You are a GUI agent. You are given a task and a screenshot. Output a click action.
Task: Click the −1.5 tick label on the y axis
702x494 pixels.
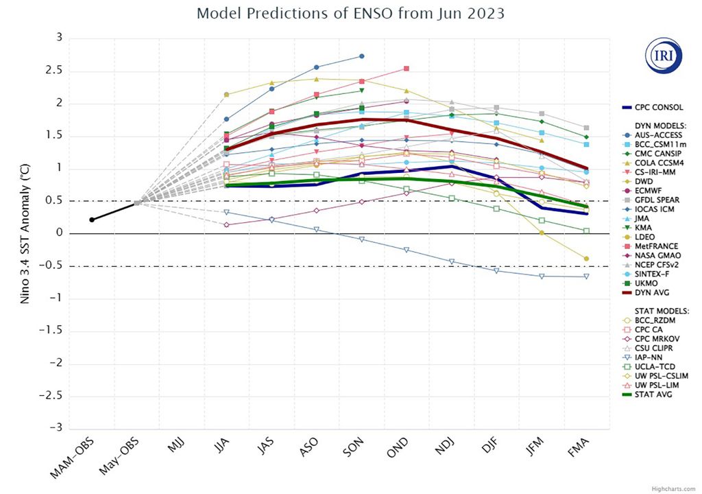tap(49, 330)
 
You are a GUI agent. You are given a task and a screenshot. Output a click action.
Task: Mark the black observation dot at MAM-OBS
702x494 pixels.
tap(92, 220)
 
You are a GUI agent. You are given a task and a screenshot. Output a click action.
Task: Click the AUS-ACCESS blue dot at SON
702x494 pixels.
tap(362, 56)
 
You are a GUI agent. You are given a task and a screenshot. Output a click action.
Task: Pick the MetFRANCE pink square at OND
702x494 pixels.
tap(407, 69)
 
